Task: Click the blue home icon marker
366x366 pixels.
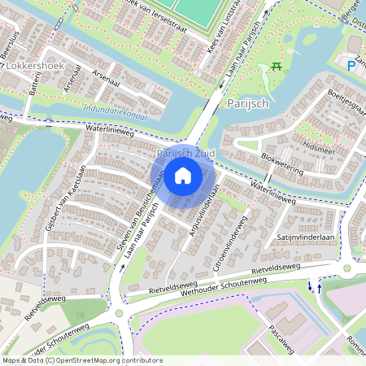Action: tap(183, 175)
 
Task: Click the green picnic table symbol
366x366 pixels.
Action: tap(278, 66)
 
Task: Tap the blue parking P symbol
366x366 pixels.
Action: tap(351, 65)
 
